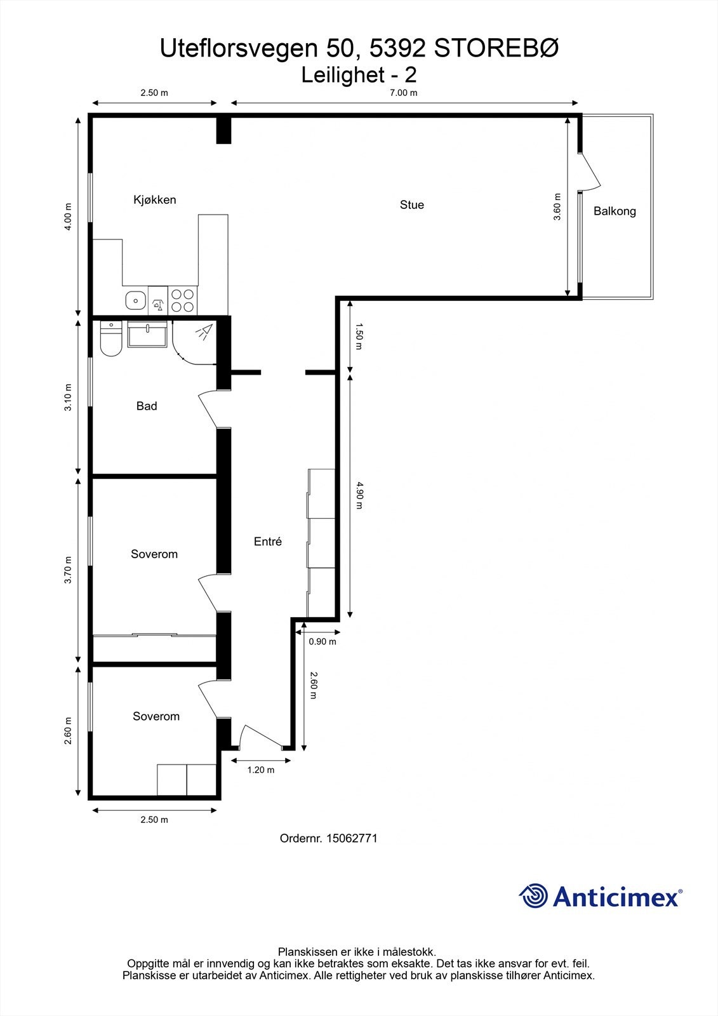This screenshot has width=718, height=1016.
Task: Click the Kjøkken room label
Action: [x=154, y=200]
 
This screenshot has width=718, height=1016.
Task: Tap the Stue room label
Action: [x=411, y=205]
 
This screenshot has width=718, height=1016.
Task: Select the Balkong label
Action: [x=614, y=211]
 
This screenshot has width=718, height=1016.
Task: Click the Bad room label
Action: [x=146, y=406]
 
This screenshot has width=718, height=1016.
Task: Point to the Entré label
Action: [x=267, y=542]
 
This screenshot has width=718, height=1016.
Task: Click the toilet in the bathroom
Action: [x=110, y=340]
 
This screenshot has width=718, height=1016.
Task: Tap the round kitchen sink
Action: [x=135, y=300]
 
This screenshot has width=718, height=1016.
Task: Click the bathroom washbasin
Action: [x=147, y=334]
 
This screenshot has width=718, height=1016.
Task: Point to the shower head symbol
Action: [x=204, y=331]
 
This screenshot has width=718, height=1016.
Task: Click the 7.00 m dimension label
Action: [x=403, y=93]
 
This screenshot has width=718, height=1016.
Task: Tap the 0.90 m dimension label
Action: [x=322, y=642]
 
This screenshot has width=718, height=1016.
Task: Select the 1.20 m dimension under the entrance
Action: [x=260, y=770]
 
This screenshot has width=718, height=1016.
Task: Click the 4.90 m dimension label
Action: [x=359, y=496]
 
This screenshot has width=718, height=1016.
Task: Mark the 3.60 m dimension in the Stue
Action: [x=557, y=206]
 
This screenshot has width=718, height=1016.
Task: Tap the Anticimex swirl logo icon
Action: [x=533, y=896]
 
